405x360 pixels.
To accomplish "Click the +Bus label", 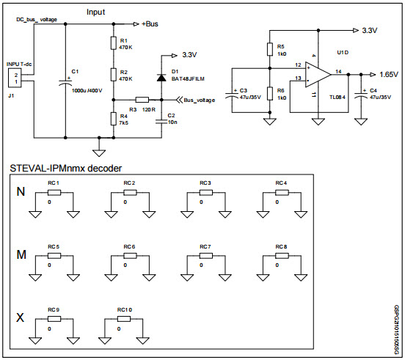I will tap(150, 23).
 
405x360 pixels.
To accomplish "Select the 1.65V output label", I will tap(389, 74).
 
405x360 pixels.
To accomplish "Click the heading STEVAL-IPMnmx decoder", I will tap(67, 168).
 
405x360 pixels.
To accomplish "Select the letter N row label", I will tap(21, 192).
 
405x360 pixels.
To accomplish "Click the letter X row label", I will tap(21, 317).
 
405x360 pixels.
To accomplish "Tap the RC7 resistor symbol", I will tap(205, 256).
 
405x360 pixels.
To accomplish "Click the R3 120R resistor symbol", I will tap(142, 100).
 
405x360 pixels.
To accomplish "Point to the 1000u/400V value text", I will tap(88, 91).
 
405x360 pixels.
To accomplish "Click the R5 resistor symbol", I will tap(270, 49).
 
